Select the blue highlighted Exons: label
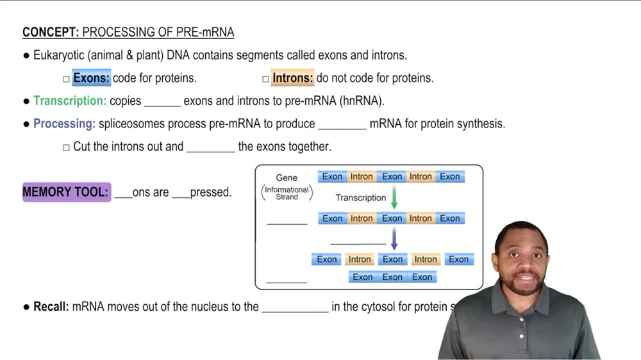[x=91, y=78]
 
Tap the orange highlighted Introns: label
[x=292, y=78]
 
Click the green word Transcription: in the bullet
[x=70, y=101]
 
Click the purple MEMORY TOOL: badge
[x=66, y=192]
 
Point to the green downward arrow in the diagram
[x=394, y=197]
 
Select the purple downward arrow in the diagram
[x=394, y=239]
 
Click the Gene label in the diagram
[x=287, y=177]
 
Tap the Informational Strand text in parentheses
[x=287, y=193]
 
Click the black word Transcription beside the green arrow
[x=361, y=198]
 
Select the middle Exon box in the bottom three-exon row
[x=392, y=277]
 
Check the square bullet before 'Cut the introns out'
[x=66, y=147]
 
